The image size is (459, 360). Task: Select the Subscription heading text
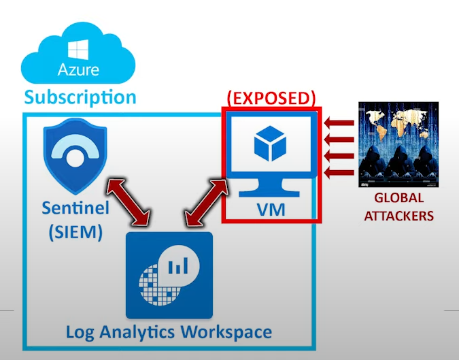point(80,97)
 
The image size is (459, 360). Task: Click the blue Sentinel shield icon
point(71,157)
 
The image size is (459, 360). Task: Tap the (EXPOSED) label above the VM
point(271,97)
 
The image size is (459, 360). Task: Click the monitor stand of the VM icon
point(271,184)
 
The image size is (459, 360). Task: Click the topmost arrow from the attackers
point(338,123)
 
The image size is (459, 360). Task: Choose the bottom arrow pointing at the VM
point(338,172)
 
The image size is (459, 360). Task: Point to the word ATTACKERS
point(398,216)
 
